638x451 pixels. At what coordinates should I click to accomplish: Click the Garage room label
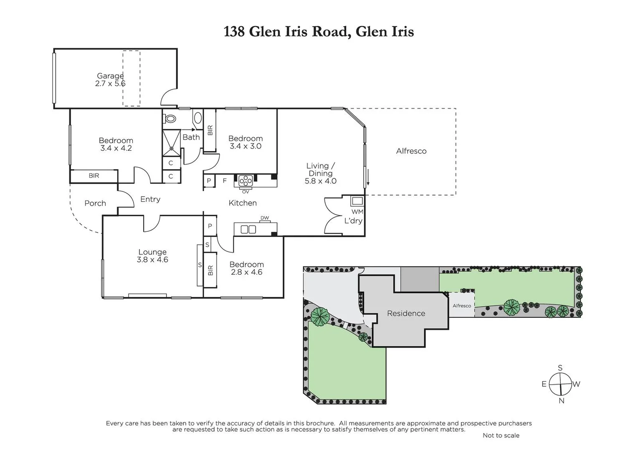pyautogui.click(x=110, y=76)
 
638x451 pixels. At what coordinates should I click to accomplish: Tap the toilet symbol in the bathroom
pyautogui.click(x=170, y=119)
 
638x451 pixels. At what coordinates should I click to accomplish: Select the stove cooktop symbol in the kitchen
pyautogui.click(x=246, y=181)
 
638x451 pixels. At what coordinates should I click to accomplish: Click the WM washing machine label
pyautogui.click(x=357, y=212)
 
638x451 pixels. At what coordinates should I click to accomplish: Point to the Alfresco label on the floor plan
pyautogui.click(x=411, y=151)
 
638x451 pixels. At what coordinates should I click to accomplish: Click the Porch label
pyautogui.click(x=95, y=203)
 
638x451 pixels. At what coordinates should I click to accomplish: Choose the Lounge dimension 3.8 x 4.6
pyautogui.click(x=152, y=260)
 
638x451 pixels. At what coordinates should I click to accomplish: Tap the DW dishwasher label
pyautogui.click(x=265, y=218)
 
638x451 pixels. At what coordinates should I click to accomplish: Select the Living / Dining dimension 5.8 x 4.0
pyautogui.click(x=320, y=181)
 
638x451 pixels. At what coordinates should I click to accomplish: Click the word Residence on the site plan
pyautogui.click(x=406, y=313)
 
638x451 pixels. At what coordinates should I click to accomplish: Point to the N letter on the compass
pyautogui.click(x=562, y=401)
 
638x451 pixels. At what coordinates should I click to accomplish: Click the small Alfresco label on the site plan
pyautogui.click(x=462, y=306)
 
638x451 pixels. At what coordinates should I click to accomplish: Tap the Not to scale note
pyautogui.click(x=501, y=436)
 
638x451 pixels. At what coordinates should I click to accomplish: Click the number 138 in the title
pyautogui.click(x=234, y=32)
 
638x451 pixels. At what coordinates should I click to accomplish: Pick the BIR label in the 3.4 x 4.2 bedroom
pyautogui.click(x=94, y=176)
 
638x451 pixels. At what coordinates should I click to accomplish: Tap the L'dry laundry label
pyautogui.click(x=353, y=220)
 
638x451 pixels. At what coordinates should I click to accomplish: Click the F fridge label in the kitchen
pyautogui.click(x=225, y=181)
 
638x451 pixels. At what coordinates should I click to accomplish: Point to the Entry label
pyautogui.click(x=150, y=199)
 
